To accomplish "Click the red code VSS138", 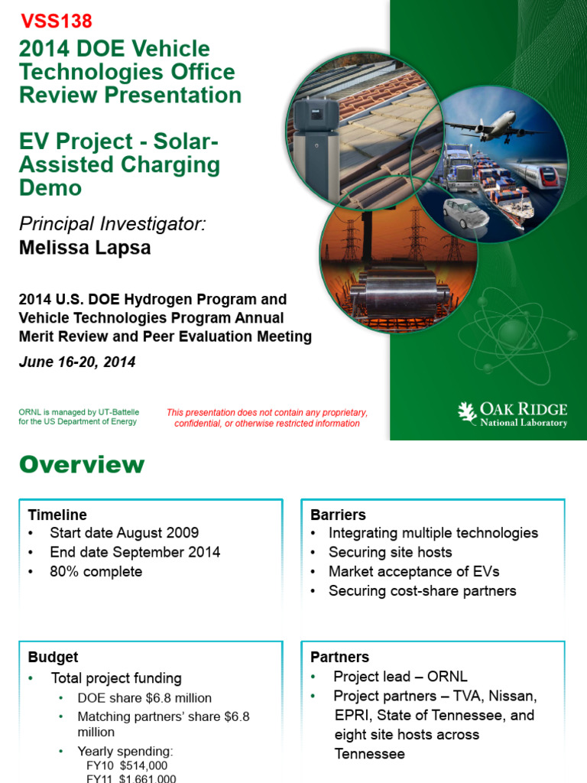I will click(x=55, y=21).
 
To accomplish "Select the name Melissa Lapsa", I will click(x=85, y=249).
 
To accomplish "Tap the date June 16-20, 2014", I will click(x=77, y=362).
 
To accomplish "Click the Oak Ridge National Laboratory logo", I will click(x=512, y=414).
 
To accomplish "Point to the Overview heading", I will click(x=81, y=465).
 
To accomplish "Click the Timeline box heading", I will click(x=57, y=515).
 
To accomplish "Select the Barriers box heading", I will click(x=338, y=515).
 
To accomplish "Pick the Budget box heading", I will click(x=53, y=657).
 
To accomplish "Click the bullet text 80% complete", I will click(x=96, y=572).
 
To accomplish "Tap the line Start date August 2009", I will click(x=124, y=533).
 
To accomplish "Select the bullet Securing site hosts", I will click(x=390, y=552).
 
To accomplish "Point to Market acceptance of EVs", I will click(x=413, y=571).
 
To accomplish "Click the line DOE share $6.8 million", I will click(x=144, y=697).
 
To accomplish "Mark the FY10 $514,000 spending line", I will click(x=127, y=765).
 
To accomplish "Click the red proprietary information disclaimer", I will click(x=267, y=417).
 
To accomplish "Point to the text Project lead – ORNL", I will click(x=400, y=677).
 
